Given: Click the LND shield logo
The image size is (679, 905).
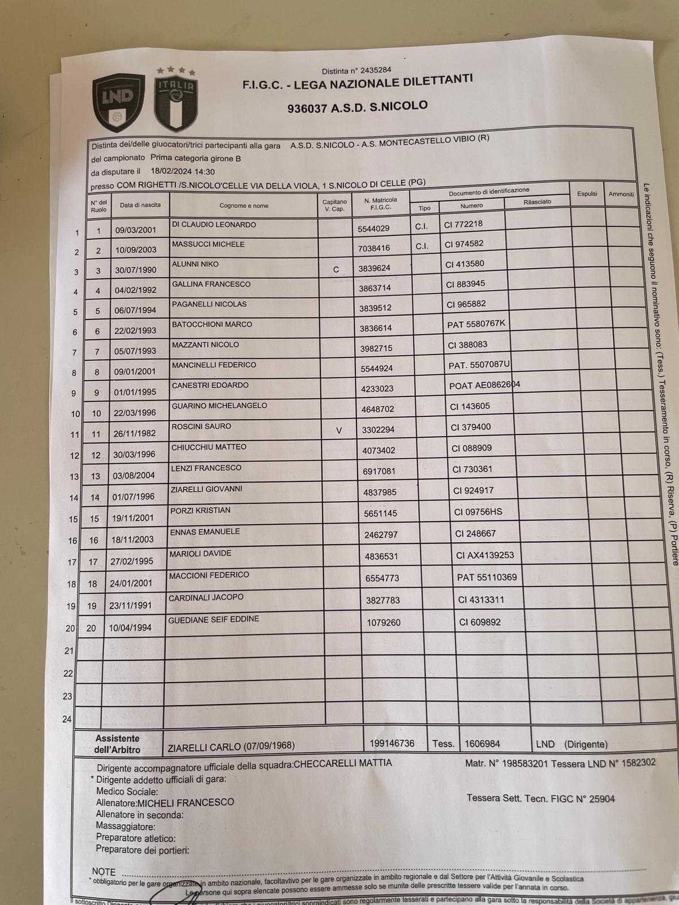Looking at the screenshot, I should click(118, 102).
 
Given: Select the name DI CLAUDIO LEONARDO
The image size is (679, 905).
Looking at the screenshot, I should click(214, 225).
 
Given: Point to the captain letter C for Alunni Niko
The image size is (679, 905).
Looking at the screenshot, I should click(336, 270).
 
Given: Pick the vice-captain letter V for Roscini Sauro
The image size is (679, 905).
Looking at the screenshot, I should click(339, 430).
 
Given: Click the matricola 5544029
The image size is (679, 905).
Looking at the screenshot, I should click(373, 229).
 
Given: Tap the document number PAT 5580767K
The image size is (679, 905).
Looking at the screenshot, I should click(476, 324).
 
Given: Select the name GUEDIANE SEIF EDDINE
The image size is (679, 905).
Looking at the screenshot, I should click(214, 619).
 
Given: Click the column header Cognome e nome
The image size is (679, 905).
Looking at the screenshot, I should click(244, 206).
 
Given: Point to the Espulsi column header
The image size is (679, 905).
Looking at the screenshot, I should click(587, 194).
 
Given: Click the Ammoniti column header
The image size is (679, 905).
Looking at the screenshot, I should click(621, 194).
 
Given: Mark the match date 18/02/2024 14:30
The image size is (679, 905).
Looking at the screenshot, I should click(183, 171).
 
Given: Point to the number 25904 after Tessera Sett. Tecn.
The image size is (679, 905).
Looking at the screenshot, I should click(601, 799).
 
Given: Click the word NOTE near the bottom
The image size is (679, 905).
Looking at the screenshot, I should click(104, 872).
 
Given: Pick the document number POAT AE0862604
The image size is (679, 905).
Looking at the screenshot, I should click(485, 385).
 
